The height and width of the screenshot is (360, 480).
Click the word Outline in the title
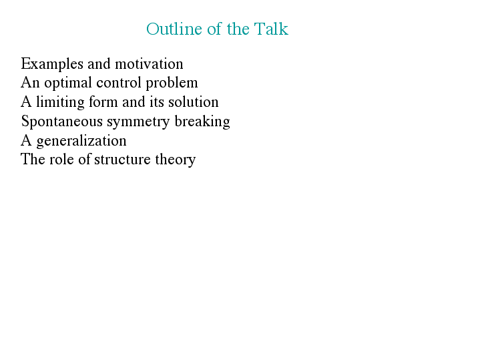coord(174,29)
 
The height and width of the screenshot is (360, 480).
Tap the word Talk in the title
coord(271,29)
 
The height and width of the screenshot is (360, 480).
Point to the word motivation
coord(149,64)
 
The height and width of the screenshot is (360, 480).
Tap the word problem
coord(172,83)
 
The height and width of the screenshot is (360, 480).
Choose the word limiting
coord(60,103)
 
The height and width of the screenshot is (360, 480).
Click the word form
coord(103,102)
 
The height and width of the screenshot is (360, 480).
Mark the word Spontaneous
coord(62,122)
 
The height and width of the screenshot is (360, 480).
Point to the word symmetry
coord(138,122)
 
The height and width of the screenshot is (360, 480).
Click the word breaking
coord(202,122)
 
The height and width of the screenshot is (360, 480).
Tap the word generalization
coord(81,141)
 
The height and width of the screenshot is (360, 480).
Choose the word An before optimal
coord(30,83)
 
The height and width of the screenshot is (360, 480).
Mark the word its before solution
coord(157,102)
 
